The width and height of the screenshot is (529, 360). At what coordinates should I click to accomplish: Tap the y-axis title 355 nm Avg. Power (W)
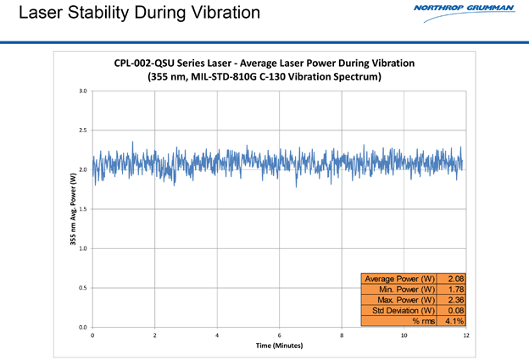point(74,208)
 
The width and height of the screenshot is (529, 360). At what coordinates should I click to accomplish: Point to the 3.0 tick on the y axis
point(82,90)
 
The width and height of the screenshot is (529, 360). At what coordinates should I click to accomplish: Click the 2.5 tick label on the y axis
point(82,130)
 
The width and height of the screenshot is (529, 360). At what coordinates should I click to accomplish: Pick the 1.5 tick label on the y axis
point(82,208)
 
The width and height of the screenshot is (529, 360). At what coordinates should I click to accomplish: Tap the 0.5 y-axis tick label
point(82,288)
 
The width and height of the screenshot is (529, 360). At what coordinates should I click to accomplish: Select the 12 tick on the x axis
point(466,336)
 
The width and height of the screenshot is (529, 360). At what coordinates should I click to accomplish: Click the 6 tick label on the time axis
point(279,336)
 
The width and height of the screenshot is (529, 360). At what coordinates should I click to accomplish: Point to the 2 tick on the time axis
point(155,336)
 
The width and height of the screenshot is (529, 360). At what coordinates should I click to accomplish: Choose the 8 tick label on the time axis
point(342,336)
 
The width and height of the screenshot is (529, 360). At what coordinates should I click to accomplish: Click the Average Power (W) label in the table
point(398,279)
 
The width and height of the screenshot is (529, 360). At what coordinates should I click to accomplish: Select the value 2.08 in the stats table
point(455,279)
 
